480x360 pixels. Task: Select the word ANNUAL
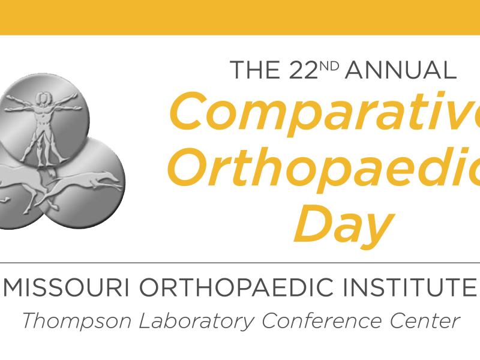(x=401, y=70)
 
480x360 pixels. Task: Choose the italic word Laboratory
(x=196, y=321)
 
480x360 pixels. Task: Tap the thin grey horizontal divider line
(x=240, y=263)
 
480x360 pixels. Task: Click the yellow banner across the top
(x=240, y=17)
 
